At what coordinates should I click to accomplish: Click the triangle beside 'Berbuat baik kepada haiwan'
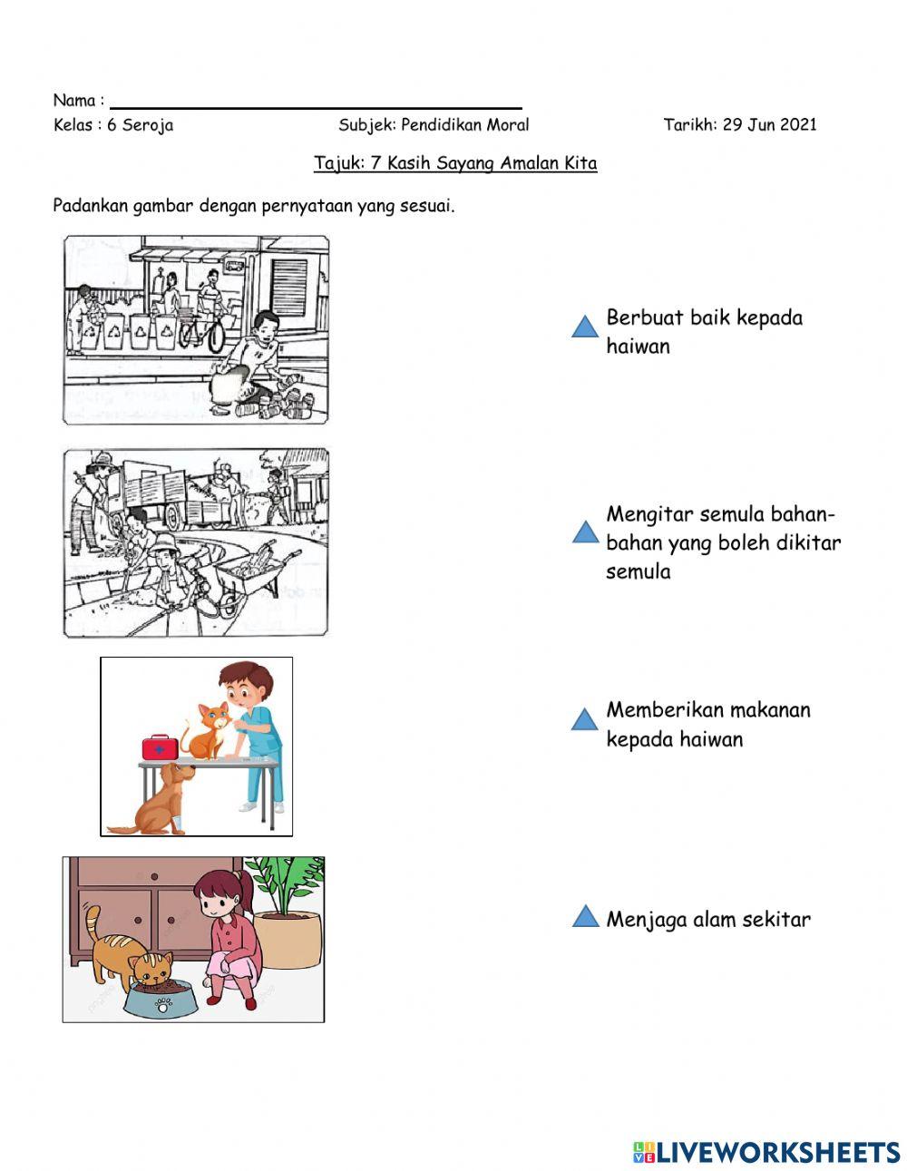(x=585, y=327)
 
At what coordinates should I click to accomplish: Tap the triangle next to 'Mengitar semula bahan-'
(x=585, y=532)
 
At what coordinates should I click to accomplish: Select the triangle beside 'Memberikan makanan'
(x=585, y=720)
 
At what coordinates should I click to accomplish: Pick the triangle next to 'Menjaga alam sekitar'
(x=585, y=917)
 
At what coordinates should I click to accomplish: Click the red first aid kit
(x=160, y=747)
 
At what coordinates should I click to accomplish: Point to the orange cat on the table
(x=206, y=731)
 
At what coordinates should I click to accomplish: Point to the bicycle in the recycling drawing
(x=201, y=329)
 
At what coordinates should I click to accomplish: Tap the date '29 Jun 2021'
(x=769, y=125)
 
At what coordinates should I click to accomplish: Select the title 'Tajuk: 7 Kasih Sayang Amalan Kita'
(x=455, y=164)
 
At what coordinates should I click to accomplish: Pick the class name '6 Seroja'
(x=140, y=125)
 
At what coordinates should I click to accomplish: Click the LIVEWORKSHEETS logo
(x=766, y=1152)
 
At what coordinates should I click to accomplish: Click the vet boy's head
(x=243, y=685)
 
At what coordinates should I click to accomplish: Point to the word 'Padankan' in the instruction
(x=90, y=206)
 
